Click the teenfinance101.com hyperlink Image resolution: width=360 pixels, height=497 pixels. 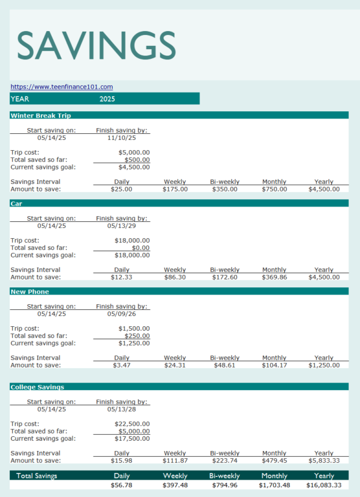(62, 87)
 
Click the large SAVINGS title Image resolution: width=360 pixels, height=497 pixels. (96, 45)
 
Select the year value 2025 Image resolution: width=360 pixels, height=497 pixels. (107, 99)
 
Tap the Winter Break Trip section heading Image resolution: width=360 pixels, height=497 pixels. (41, 116)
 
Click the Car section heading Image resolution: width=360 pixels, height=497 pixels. (16, 204)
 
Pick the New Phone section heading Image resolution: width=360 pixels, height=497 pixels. (30, 292)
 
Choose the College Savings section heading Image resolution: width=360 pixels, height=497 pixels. (37, 387)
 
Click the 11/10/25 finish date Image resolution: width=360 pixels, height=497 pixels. (122, 138)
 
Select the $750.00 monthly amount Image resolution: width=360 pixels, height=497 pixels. (274, 189)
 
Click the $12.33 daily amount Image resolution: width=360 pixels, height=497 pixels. (121, 277)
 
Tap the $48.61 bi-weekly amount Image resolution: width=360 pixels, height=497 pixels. (225, 365)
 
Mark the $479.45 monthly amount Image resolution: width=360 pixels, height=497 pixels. (274, 461)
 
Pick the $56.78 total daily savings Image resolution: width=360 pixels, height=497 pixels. (121, 485)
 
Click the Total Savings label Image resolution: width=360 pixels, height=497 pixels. (37, 476)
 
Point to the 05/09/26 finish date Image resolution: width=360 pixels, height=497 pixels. (122, 314)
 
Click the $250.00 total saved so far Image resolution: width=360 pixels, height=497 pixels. (137, 336)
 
